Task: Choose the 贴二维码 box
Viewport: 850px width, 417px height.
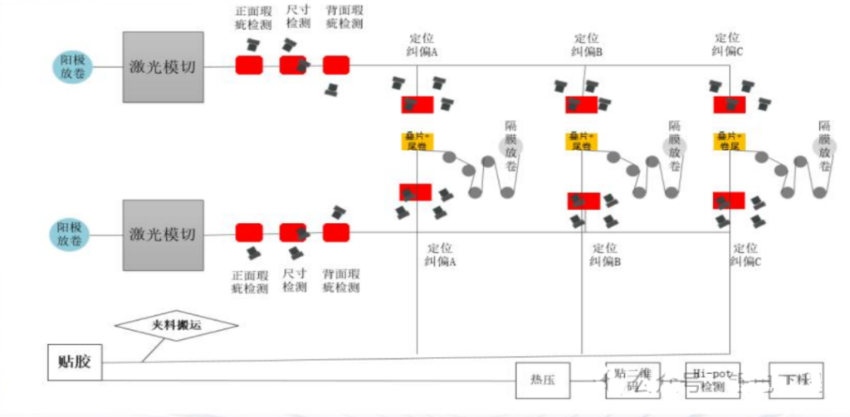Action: pyautogui.click(x=630, y=381)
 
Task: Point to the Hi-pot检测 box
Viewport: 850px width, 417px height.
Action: pyautogui.click(x=712, y=381)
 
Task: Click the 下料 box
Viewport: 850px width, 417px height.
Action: pyautogui.click(x=795, y=381)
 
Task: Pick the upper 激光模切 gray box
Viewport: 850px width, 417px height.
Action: pyautogui.click(x=163, y=67)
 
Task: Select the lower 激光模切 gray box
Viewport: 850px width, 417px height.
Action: pyautogui.click(x=163, y=235)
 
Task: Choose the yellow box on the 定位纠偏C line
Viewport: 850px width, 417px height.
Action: pyautogui.click(x=730, y=140)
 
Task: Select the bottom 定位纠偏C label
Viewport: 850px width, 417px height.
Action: pyautogui.click(x=745, y=254)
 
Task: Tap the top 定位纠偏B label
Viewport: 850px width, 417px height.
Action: pyautogui.click(x=587, y=45)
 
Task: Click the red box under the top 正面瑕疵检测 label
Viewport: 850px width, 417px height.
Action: pyautogui.click(x=249, y=65)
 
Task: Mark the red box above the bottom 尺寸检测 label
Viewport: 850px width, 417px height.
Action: pyautogui.click(x=293, y=232)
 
